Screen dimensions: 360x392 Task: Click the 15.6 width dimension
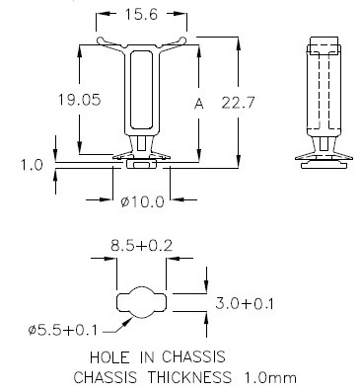pyautogui.click(x=141, y=15)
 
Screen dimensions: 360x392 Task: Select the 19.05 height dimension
pyautogui.click(x=79, y=100)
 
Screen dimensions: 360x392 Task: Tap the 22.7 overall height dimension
pyautogui.click(x=238, y=103)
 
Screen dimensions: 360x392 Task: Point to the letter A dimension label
pyautogui.click(x=199, y=104)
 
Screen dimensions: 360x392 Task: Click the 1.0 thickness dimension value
pyautogui.click(x=32, y=165)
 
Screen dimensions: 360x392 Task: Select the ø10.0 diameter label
pyautogui.click(x=142, y=201)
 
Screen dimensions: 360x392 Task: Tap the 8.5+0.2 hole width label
pyautogui.click(x=141, y=246)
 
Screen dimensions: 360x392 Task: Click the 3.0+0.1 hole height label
pyautogui.click(x=245, y=303)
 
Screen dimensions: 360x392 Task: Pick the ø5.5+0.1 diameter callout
pyautogui.click(x=63, y=330)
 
